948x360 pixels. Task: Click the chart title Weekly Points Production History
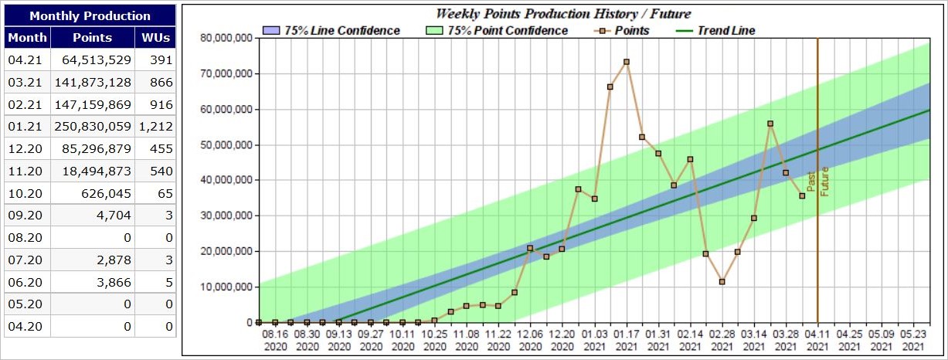point(563,14)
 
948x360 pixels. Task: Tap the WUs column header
point(156,37)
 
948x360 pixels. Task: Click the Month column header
point(28,37)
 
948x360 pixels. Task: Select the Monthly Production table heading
point(90,15)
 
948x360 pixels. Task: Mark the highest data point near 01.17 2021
point(627,62)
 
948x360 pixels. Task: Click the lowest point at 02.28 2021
point(722,282)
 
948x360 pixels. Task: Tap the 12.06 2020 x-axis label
point(530,340)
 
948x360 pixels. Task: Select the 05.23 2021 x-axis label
point(913,340)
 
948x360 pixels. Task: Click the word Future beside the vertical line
point(824,182)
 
